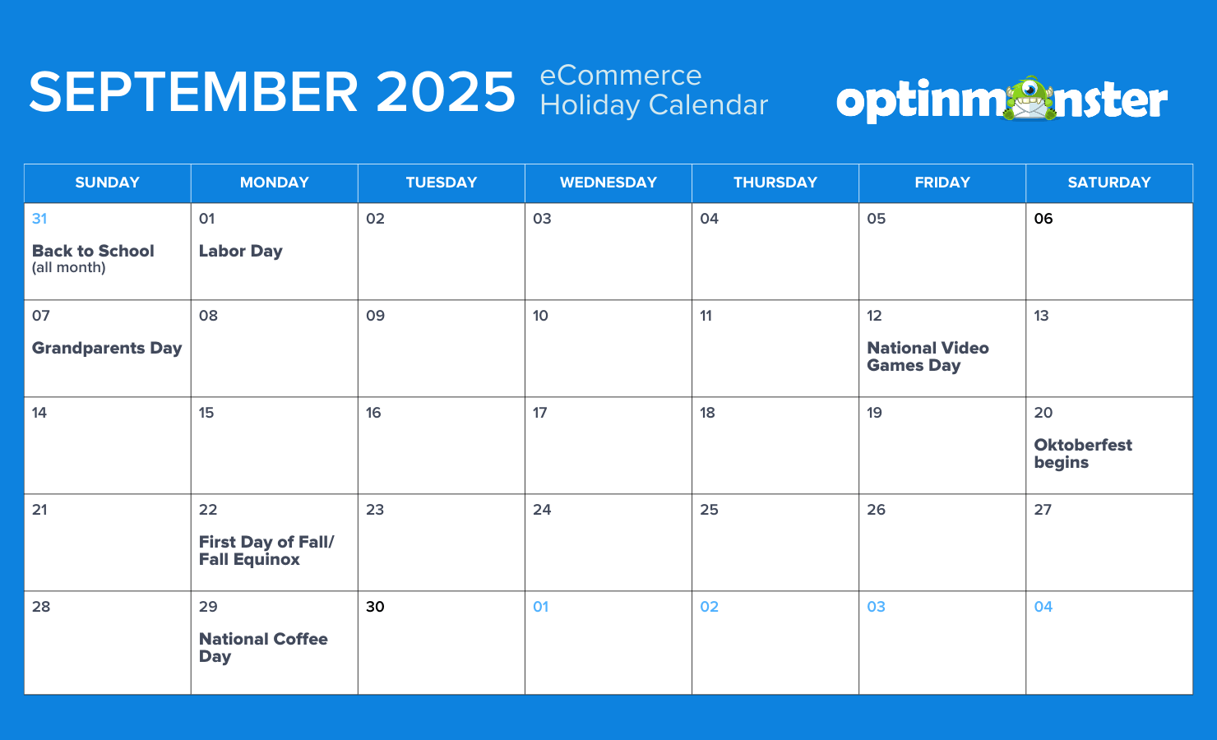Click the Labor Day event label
[x=240, y=252]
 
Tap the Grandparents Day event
[x=107, y=349]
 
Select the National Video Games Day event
[x=928, y=357]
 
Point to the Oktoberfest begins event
[x=1082, y=454]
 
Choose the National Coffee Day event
[x=263, y=648]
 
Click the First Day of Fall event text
[x=266, y=551]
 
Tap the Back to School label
[x=93, y=252]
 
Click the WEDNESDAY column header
[x=608, y=183]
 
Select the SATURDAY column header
[x=1109, y=183]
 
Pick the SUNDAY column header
[x=107, y=183]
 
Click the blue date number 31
[x=39, y=219]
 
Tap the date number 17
[x=540, y=413]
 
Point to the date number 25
[x=709, y=510]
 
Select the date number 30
[x=375, y=607]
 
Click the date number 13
[x=1041, y=316]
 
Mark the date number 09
[x=375, y=316]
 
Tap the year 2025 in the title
[x=446, y=92]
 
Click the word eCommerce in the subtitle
[x=620, y=76]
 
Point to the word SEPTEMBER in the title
[x=193, y=92]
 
